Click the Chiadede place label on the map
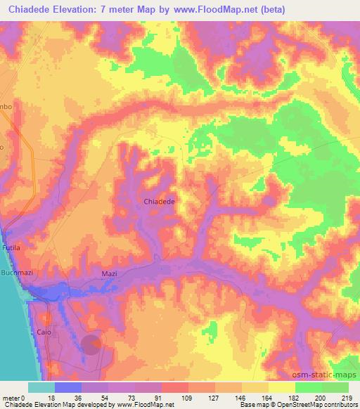pos(159,201)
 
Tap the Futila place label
pos(13,249)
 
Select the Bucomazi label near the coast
pos(15,271)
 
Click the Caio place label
pos(45,330)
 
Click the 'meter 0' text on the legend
pos(15,398)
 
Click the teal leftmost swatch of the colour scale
pos(41,387)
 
